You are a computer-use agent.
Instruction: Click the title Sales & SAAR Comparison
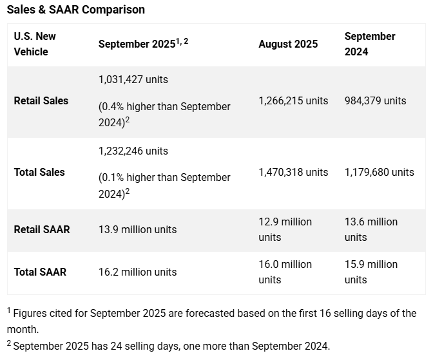click(76, 10)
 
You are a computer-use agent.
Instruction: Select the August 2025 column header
click(288, 44)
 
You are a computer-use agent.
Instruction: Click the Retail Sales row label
click(41, 100)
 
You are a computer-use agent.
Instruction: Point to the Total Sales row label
click(39, 172)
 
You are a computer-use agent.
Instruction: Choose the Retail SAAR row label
click(42, 229)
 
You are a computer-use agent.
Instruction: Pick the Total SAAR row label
click(40, 272)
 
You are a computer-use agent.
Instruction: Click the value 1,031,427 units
click(133, 79)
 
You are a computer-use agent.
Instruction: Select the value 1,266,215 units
click(293, 100)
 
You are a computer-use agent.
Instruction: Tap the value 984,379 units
click(376, 100)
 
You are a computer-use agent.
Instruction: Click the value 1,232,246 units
click(133, 151)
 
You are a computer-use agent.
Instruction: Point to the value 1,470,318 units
click(293, 172)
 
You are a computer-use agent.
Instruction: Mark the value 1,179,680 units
click(380, 172)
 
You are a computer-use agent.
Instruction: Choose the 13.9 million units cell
click(137, 229)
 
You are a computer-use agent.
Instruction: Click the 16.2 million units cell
click(137, 272)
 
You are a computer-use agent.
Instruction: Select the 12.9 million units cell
click(285, 229)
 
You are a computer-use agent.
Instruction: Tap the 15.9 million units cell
click(371, 272)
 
